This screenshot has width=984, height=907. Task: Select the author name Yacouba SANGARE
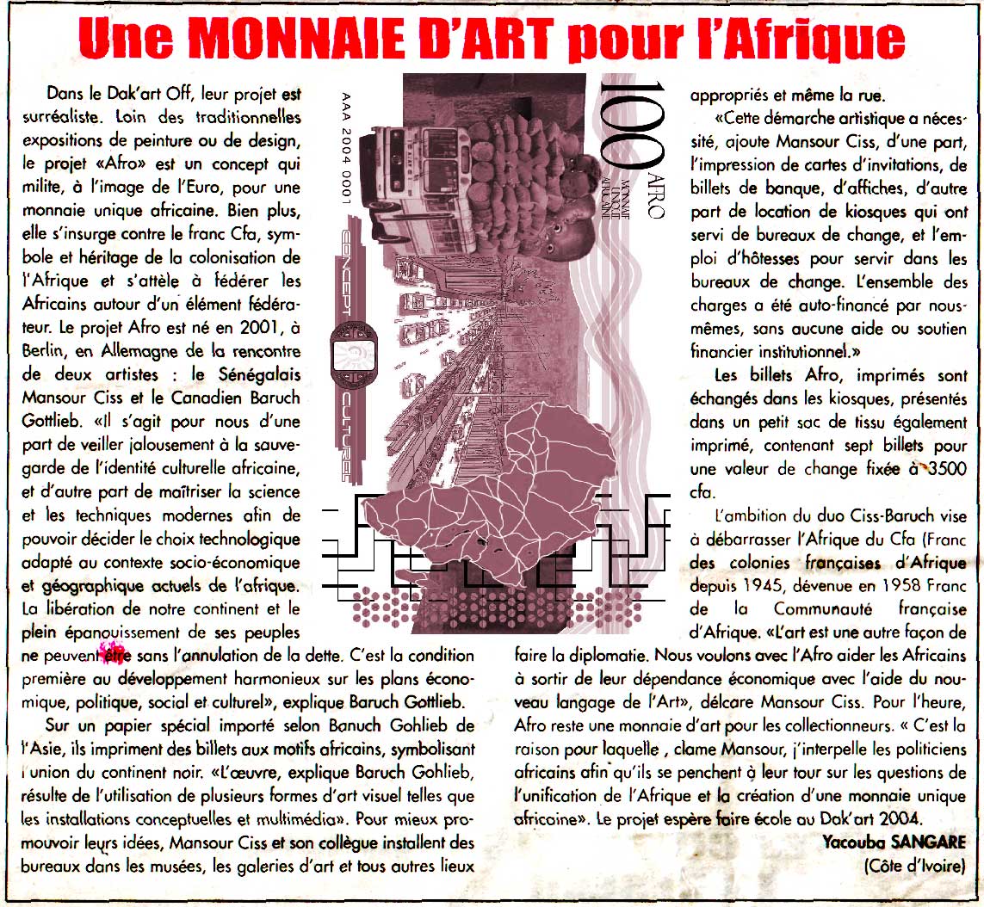pos(895,841)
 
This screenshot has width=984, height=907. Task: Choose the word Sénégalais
pos(257,375)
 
